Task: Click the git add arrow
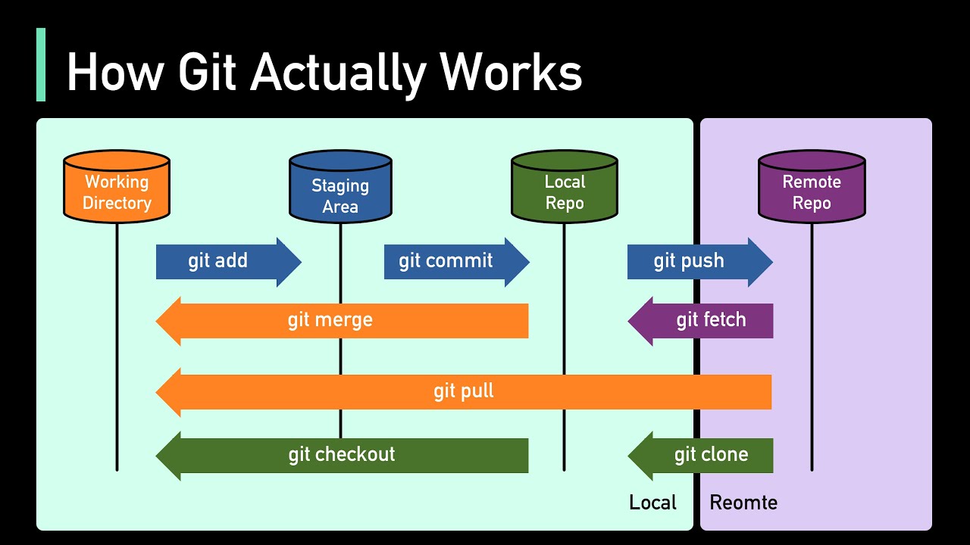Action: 227,262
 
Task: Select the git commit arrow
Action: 455,262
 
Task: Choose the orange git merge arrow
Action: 341,320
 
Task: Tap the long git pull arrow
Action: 463,392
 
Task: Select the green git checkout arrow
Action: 341,455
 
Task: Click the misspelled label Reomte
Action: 743,503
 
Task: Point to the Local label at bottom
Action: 652,503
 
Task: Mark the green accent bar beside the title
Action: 41,64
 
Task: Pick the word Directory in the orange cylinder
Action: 117,203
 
